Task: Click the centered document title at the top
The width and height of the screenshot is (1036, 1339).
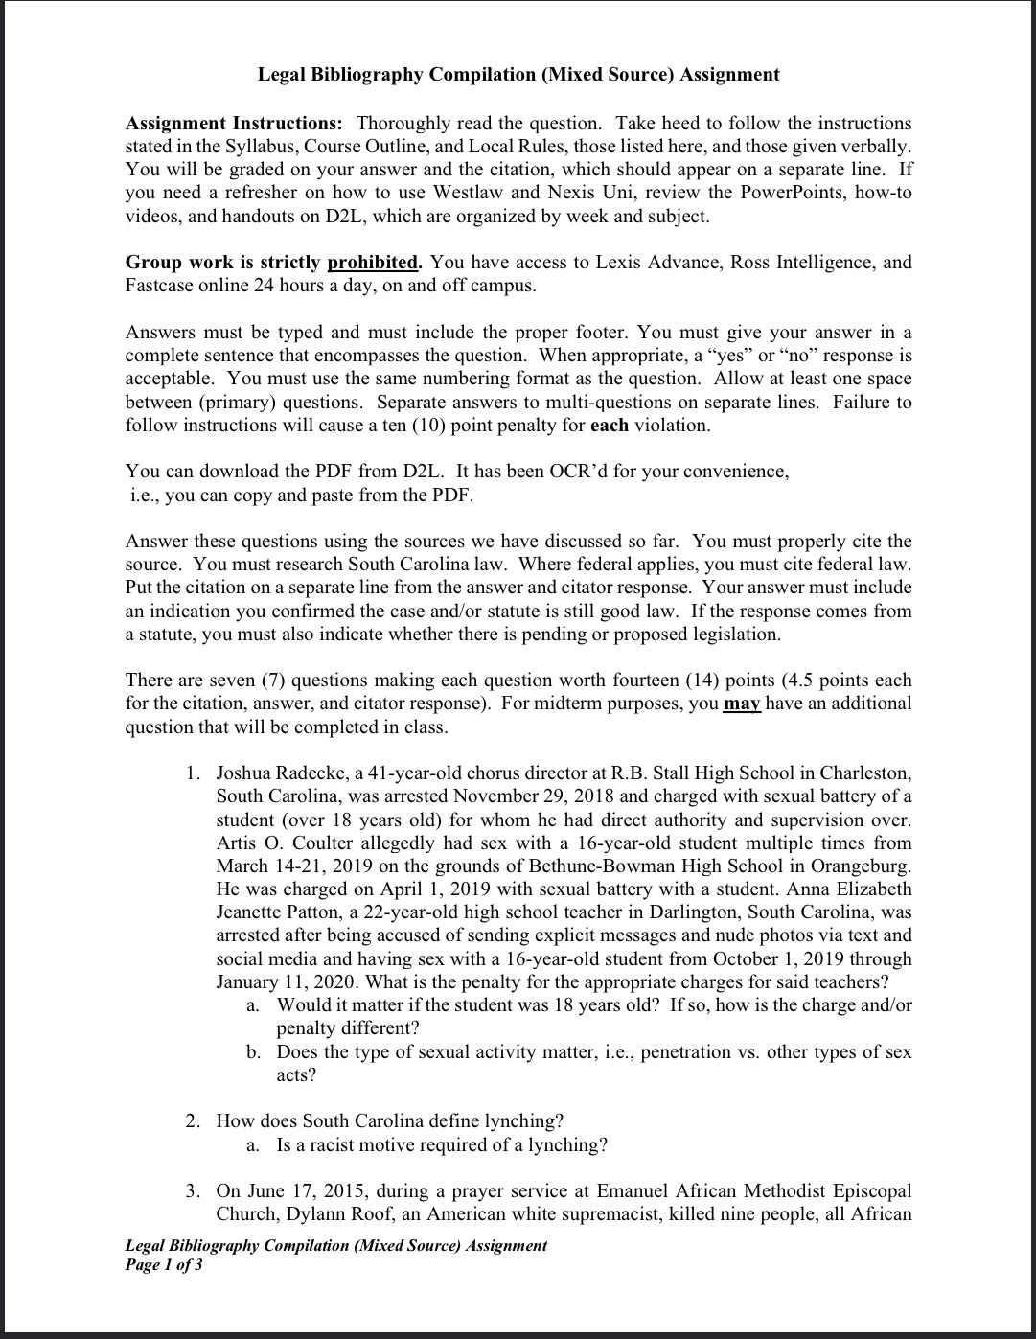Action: click(x=518, y=75)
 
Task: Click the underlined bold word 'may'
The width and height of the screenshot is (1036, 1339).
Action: click(x=742, y=704)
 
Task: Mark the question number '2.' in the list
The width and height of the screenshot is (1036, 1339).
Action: click(x=194, y=1120)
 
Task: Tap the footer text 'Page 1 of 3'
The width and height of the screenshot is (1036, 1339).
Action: click(x=164, y=1265)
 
